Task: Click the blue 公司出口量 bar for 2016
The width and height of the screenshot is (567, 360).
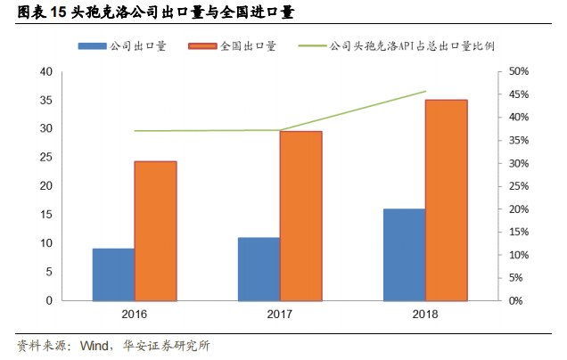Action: tap(113, 274)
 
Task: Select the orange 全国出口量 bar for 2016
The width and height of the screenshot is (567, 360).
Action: tap(155, 231)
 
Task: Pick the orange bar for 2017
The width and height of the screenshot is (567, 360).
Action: tap(300, 216)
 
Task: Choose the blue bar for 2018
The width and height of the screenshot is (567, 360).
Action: tap(404, 255)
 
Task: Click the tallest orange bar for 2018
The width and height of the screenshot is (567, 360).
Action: tap(446, 200)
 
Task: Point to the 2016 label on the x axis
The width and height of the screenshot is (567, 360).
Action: tap(134, 315)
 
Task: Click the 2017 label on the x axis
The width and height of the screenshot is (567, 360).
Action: tap(280, 315)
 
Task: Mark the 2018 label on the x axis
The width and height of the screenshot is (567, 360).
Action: tap(425, 315)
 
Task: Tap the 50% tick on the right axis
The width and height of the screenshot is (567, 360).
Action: tap(519, 71)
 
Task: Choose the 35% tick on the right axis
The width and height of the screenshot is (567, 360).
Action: tap(519, 140)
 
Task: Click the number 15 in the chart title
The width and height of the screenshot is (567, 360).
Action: tap(60, 13)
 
